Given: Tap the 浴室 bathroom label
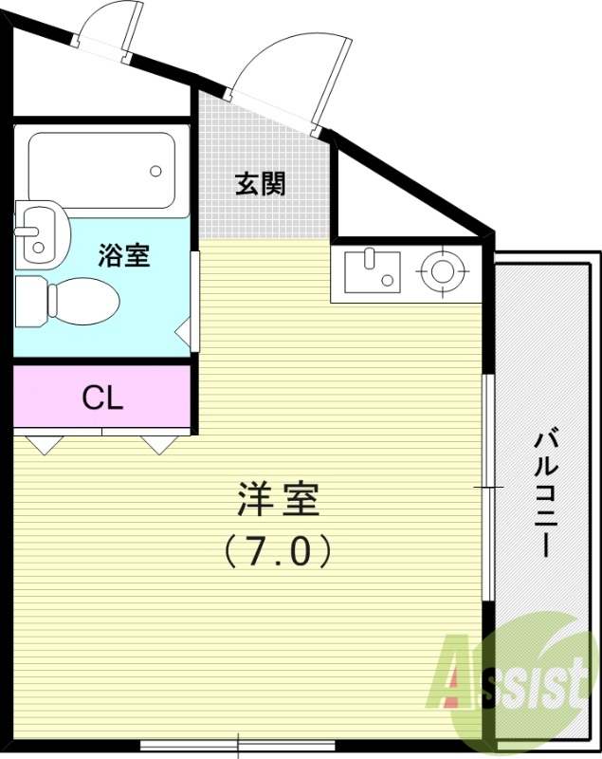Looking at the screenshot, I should [124, 255].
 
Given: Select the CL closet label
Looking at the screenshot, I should [102, 398].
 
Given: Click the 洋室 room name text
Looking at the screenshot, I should [278, 500].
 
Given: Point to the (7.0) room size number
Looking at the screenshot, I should [278, 551].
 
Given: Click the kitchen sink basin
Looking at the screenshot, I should [371, 270].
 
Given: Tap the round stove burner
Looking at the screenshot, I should [442, 270].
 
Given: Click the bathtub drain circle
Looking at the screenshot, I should [156, 172].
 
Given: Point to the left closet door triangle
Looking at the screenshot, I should [43, 444].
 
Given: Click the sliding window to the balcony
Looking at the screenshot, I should [487, 487].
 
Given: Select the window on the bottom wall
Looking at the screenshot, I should [238, 745].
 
